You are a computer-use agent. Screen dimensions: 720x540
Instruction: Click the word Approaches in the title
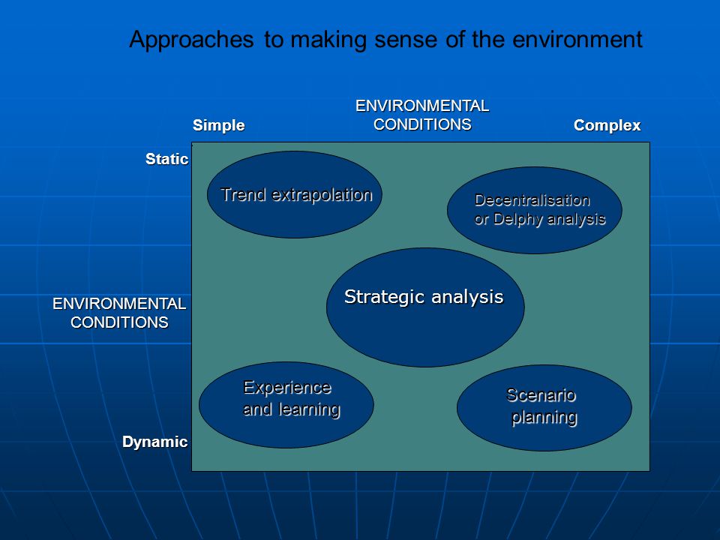click(191, 40)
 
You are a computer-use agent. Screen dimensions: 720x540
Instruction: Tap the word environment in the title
click(577, 39)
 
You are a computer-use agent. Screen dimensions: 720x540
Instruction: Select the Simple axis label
click(218, 125)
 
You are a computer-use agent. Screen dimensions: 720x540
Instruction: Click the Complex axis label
click(607, 125)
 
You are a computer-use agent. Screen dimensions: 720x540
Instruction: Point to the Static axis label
click(166, 159)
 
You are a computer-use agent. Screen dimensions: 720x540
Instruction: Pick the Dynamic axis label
click(154, 442)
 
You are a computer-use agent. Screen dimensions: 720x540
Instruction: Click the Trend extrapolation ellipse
click(294, 195)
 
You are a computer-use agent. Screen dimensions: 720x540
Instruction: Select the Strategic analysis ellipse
click(425, 307)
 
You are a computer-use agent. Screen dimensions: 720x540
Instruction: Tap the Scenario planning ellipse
click(544, 408)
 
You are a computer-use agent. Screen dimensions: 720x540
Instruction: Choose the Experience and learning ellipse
click(286, 404)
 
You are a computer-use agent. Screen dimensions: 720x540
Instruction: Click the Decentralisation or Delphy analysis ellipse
click(535, 210)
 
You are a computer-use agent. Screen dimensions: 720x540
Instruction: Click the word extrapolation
click(322, 196)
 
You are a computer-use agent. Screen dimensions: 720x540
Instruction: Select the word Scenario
click(541, 395)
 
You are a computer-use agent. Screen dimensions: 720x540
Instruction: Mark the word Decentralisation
click(532, 200)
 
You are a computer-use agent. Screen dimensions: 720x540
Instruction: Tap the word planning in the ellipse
click(544, 418)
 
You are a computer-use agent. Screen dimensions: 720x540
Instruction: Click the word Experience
click(287, 388)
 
